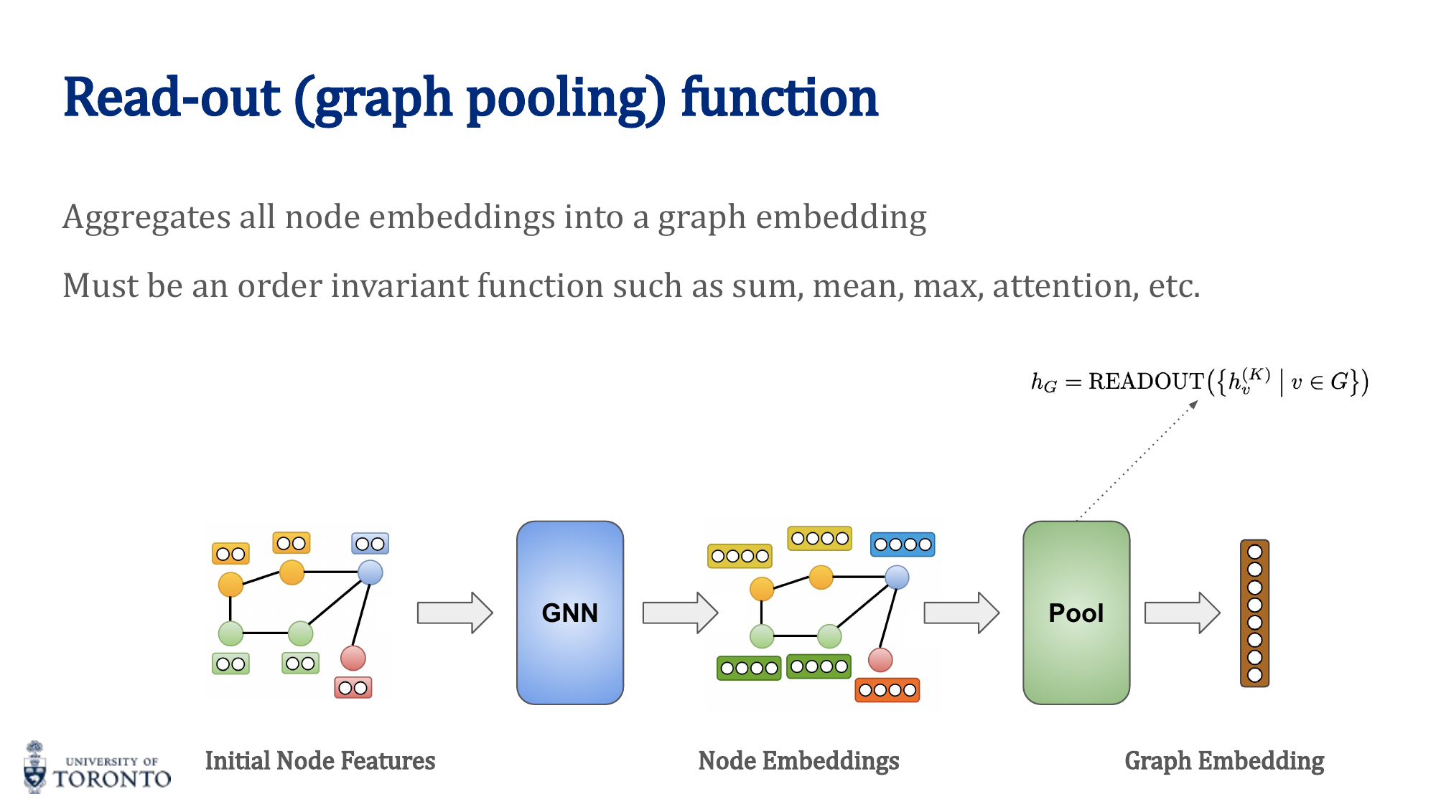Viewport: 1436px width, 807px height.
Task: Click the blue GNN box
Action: pyautogui.click(x=569, y=613)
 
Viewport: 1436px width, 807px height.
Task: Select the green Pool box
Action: pyautogui.click(x=1076, y=613)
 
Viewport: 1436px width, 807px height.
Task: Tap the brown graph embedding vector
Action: pyautogui.click(x=1254, y=613)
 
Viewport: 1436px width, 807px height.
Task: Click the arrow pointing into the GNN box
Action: pyautogui.click(x=454, y=613)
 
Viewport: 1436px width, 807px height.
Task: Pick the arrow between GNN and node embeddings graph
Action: pyautogui.click(x=679, y=613)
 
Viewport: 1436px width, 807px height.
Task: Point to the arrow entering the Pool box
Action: pyautogui.click(x=961, y=613)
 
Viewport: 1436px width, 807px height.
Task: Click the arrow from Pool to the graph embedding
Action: pyautogui.click(x=1181, y=613)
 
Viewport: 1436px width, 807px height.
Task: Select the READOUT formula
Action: pyautogui.click(x=1199, y=382)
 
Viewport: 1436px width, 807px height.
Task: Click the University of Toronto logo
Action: pyautogui.click(x=97, y=768)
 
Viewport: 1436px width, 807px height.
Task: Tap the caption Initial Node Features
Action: pyautogui.click(x=320, y=761)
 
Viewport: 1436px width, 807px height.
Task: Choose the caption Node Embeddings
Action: pyautogui.click(x=798, y=761)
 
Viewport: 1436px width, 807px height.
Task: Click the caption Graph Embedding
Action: pyautogui.click(x=1224, y=761)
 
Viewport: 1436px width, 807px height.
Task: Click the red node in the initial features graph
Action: pyautogui.click(x=353, y=657)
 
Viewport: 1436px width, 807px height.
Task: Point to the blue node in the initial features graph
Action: pyautogui.click(x=370, y=572)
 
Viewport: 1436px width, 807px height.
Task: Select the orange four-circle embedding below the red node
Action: pyautogui.click(x=887, y=690)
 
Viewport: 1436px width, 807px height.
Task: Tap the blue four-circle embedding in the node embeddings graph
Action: pyautogui.click(x=903, y=544)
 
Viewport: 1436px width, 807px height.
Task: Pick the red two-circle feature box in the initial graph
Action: pyautogui.click(x=353, y=688)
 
